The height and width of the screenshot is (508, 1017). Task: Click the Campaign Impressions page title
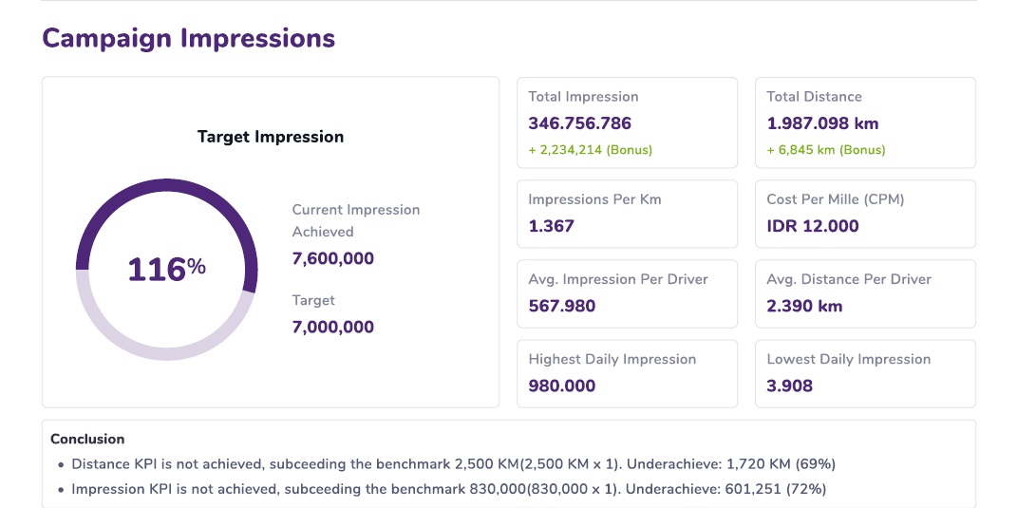[x=188, y=39]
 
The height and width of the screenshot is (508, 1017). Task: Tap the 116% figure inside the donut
[x=166, y=270]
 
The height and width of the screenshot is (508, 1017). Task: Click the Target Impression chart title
[x=271, y=137]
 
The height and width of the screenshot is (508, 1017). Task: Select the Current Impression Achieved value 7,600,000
[x=332, y=259]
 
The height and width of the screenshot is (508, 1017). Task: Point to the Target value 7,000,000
[x=332, y=328]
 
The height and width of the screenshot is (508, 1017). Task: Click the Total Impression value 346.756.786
[x=579, y=123]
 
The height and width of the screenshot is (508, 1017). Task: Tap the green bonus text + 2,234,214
[x=590, y=150]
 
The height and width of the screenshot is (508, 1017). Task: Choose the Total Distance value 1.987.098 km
[x=822, y=123]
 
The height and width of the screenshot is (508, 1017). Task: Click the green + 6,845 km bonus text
[x=825, y=150]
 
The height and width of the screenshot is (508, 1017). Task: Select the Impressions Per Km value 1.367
[x=551, y=226]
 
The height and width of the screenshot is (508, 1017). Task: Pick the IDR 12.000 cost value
[x=812, y=226]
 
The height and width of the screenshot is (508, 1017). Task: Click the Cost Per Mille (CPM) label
[x=835, y=199]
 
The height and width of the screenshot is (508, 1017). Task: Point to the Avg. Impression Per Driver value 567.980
[x=562, y=306]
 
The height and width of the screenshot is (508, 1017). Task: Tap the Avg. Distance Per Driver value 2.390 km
[x=804, y=306]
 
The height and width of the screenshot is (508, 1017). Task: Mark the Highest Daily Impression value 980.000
[x=561, y=386]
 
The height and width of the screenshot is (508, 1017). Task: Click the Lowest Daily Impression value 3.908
[x=789, y=386]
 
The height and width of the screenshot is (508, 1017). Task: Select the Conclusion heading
[x=87, y=440]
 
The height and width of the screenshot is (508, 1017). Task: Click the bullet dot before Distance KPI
[x=62, y=465]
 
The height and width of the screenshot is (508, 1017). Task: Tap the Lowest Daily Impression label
[x=848, y=359]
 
